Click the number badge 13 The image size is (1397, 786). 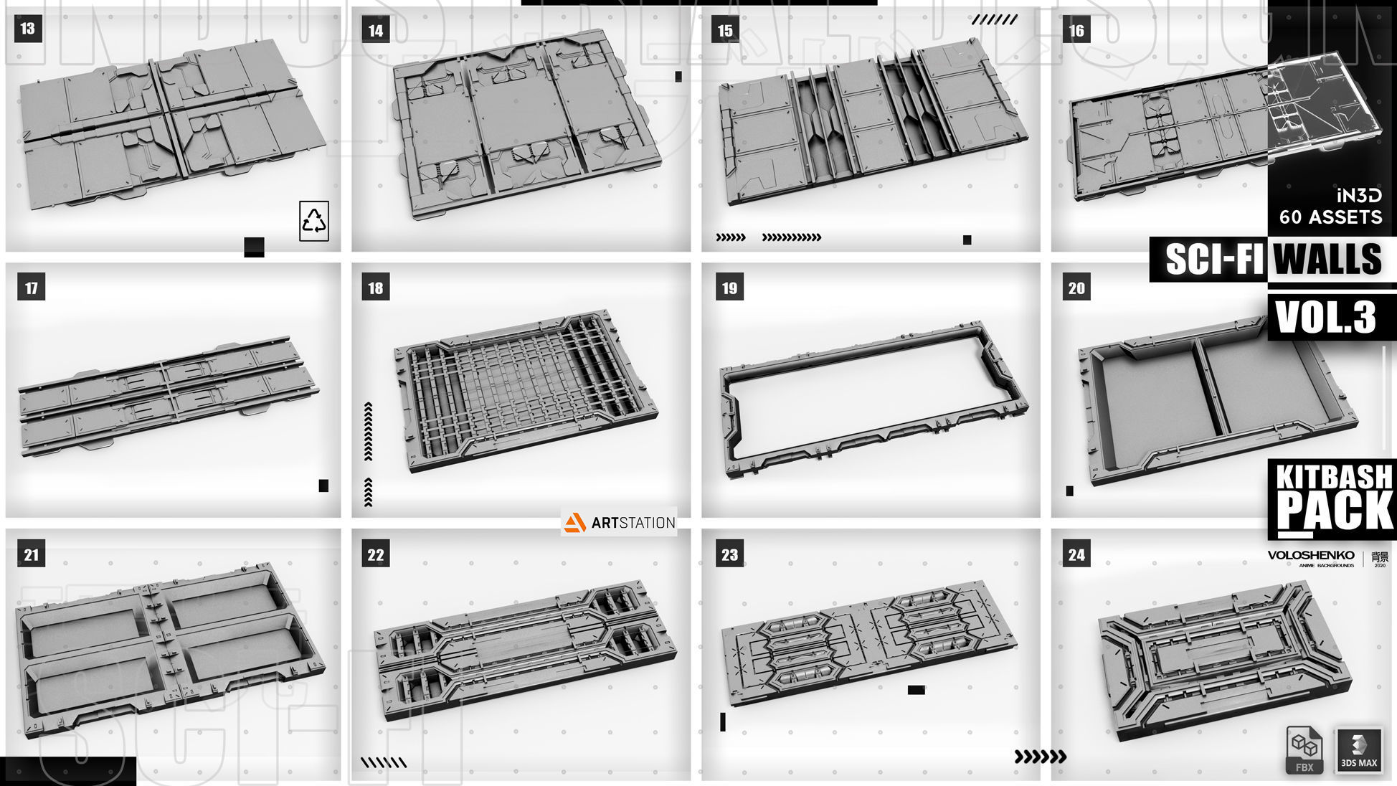pyautogui.click(x=27, y=29)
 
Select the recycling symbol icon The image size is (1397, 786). pyautogui.click(x=314, y=221)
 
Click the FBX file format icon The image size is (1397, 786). pyautogui.click(x=1304, y=750)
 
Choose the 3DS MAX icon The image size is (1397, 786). pyautogui.click(x=1358, y=750)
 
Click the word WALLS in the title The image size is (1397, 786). pyautogui.click(x=1328, y=259)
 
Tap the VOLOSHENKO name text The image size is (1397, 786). pyautogui.click(x=1311, y=555)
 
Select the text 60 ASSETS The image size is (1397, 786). pyautogui.click(x=1330, y=217)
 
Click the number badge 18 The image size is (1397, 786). pyautogui.click(x=376, y=288)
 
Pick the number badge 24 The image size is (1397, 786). pyautogui.click(x=1076, y=554)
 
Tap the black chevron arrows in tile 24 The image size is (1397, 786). pyautogui.click(x=1040, y=756)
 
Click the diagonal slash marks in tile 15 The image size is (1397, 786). pyautogui.click(x=994, y=20)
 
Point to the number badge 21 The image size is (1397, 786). pyautogui.click(x=32, y=554)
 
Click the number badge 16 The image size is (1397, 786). pyautogui.click(x=1076, y=30)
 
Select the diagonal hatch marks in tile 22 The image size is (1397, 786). pyautogui.click(x=383, y=762)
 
